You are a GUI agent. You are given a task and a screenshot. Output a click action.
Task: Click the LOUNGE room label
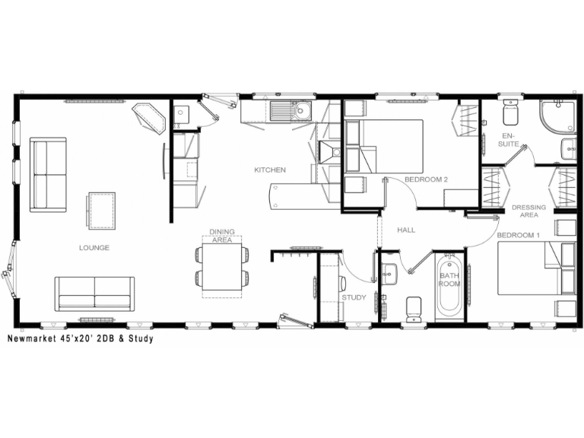(x=94, y=247)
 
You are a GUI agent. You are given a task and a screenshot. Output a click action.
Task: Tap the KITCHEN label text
(x=270, y=170)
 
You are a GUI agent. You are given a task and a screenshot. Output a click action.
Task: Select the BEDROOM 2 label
(x=426, y=179)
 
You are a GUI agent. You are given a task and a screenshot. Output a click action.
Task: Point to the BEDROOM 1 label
(x=519, y=235)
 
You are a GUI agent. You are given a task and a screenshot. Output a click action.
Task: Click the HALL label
(x=406, y=230)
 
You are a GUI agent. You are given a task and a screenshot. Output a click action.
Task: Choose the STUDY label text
(x=354, y=297)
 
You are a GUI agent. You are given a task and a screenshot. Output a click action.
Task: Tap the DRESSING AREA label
(x=528, y=211)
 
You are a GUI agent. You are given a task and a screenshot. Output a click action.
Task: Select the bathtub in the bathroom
(x=449, y=290)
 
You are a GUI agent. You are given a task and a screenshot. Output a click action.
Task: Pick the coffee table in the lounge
(x=101, y=211)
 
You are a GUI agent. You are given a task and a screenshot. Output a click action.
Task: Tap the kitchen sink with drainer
(x=290, y=112)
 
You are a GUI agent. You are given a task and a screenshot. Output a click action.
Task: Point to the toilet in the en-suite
(x=509, y=114)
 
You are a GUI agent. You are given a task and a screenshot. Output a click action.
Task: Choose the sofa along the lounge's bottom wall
(x=94, y=293)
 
